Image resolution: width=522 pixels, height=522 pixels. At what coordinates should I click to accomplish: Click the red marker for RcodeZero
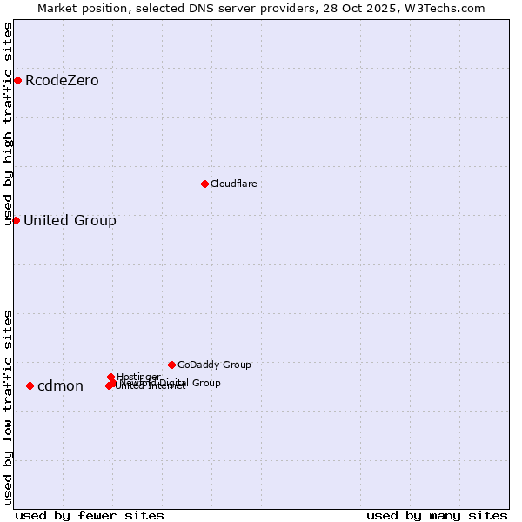(x=17, y=81)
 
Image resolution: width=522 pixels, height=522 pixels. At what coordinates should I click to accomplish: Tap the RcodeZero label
(x=62, y=81)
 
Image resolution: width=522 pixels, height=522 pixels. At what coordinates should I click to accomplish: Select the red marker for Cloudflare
(x=204, y=184)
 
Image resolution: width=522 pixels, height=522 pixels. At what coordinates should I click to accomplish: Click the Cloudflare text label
(x=233, y=184)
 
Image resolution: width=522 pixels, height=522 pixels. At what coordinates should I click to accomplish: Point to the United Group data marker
(x=16, y=220)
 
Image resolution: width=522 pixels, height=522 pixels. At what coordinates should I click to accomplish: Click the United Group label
(x=70, y=220)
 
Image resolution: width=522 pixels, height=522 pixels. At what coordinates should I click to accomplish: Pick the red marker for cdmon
(x=30, y=385)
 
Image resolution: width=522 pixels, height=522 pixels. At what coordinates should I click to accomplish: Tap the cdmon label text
(x=60, y=385)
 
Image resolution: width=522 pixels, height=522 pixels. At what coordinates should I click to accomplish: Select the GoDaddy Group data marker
(x=171, y=365)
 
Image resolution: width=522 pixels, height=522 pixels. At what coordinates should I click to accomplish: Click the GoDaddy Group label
(x=214, y=365)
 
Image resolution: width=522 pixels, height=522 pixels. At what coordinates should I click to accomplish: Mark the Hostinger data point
(x=111, y=377)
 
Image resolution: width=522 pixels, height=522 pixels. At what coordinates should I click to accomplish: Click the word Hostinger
(x=138, y=377)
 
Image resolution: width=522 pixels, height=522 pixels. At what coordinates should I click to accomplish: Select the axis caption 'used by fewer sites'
(x=90, y=515)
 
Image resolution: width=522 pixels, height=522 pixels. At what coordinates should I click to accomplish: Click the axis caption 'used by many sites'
(x=437, y=515)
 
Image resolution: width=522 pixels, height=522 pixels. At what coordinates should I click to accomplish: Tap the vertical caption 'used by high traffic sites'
(x=9, y=124)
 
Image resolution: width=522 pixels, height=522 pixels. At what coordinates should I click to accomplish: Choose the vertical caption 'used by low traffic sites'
(x=9, y=407)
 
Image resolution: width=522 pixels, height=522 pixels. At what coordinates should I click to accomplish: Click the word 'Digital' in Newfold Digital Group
(x=177, y=383)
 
